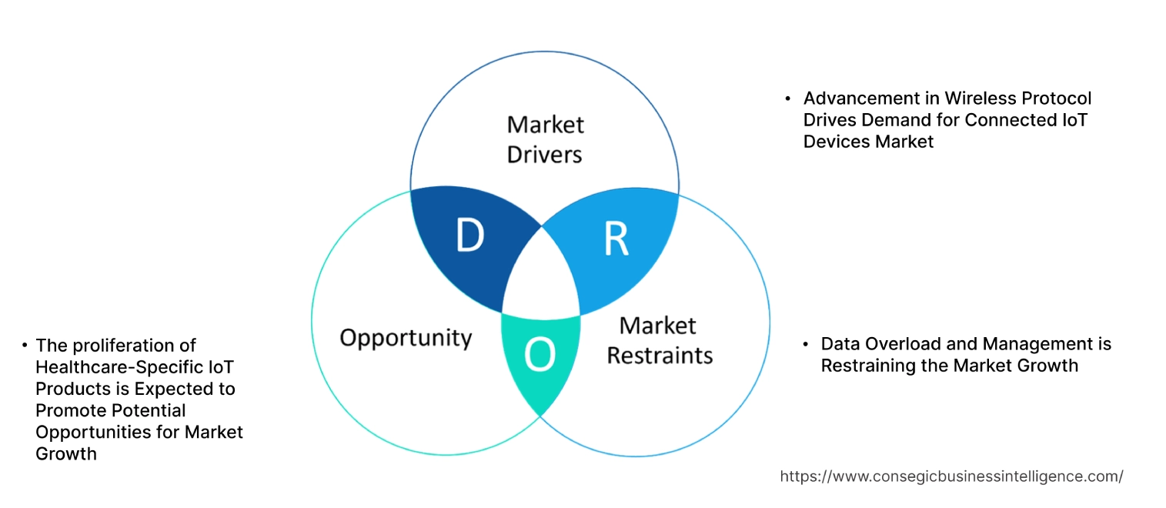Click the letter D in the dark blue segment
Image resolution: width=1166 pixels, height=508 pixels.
[x=469, y=236]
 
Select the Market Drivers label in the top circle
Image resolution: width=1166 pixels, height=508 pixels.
[x=545, y=139]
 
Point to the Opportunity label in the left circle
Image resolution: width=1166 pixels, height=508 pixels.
[x=406, y=337]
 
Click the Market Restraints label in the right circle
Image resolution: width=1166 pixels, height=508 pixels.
[x=660, y=339]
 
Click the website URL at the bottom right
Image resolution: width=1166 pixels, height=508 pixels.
[x=951, y=476]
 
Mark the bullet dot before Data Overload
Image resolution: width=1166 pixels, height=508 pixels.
[x=806, y=344]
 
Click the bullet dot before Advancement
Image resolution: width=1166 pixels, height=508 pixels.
[x=788, y=99]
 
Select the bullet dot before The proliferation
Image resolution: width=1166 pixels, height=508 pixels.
[x=25, y=346]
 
